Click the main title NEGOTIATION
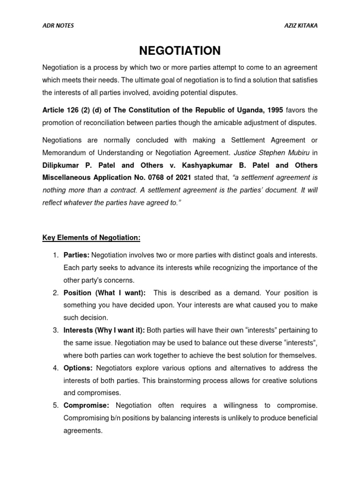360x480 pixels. click(180, 50)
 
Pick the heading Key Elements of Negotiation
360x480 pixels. click(91, 238)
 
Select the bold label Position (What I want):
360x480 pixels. click(105, 293)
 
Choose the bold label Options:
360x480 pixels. click(77, 368)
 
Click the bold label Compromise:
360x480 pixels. click(86, 405)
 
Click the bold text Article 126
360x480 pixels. click(63, 110)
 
